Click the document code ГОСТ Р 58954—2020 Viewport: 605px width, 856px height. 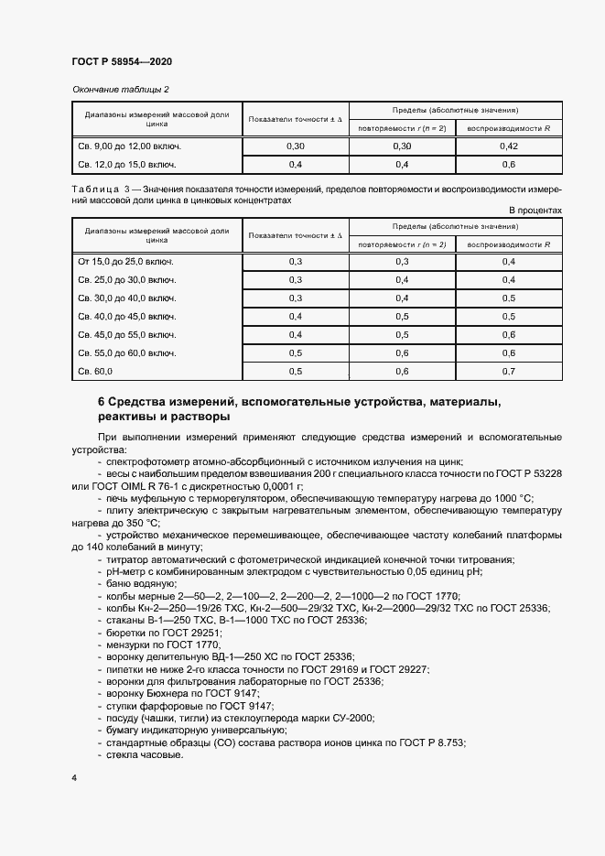(x=122, y=61)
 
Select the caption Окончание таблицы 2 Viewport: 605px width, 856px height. (x=121, y=89)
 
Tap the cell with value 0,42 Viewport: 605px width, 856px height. (x=509, y=146)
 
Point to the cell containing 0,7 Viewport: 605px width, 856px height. (x=509, y=372)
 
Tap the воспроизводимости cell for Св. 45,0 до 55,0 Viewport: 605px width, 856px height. (x=509, y=335)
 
